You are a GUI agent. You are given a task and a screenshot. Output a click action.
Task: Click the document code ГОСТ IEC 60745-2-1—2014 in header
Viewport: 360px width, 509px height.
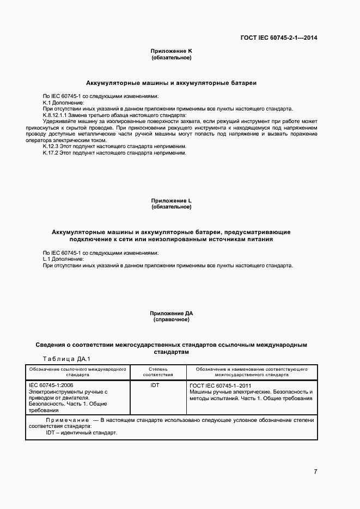279,38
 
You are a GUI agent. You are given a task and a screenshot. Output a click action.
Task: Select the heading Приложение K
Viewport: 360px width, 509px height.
172,51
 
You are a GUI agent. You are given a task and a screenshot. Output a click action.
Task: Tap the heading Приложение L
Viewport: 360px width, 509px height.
172,201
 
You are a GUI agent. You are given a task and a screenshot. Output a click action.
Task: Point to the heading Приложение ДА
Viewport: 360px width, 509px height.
172,314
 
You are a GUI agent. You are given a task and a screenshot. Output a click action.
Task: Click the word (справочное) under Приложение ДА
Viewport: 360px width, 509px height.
172,320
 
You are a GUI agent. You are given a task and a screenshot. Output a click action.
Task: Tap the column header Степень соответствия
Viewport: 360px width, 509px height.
158,372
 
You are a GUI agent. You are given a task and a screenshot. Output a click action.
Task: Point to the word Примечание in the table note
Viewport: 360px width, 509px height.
68,420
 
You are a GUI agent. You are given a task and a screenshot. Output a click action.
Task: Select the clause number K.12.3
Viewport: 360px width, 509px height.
50,146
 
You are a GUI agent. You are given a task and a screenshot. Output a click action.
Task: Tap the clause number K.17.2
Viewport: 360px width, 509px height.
50,153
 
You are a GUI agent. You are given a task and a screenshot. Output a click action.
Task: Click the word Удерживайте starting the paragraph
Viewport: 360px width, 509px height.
58,121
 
